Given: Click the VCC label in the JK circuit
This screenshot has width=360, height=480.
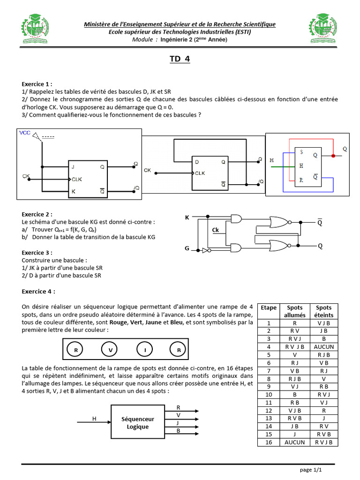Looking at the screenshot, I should point(25,133).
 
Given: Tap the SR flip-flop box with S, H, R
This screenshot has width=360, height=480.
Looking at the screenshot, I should point(307,166).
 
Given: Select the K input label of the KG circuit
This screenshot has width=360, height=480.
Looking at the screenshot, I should point(187,217).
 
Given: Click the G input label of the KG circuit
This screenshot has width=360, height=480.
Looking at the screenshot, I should point(187,248).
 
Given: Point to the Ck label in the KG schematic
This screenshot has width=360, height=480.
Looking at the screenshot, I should point(216,230).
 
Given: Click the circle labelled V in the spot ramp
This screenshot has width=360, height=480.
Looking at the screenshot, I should point(111,350).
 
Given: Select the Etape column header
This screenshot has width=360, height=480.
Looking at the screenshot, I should point(269,307).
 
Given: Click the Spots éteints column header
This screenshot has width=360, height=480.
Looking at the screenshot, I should point(324,311).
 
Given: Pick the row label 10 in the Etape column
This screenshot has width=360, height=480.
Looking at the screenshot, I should point(269,395).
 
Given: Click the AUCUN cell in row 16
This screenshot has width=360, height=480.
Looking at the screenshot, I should point(295,442).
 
